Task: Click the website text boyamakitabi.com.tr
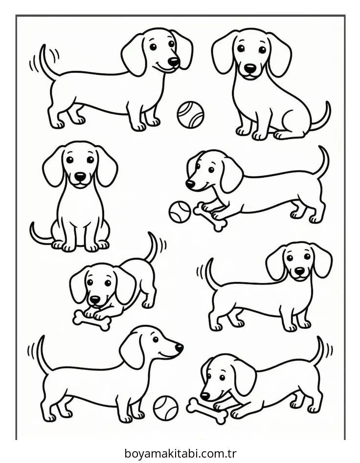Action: tap(180, 453)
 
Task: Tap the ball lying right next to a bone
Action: tap(180, 211)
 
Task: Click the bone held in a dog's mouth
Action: tap(207, 410)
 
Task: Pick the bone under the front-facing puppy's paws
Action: tap(91, 321)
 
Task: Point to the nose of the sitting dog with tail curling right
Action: tap(250, 68)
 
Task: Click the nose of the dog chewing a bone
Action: tap(205, 395)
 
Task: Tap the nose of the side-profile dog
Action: tap(179, 348)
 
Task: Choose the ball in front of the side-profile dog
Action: tap(165, 408)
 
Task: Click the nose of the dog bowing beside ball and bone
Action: tap(190, 184)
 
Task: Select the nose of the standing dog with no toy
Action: tap(299, 270)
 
